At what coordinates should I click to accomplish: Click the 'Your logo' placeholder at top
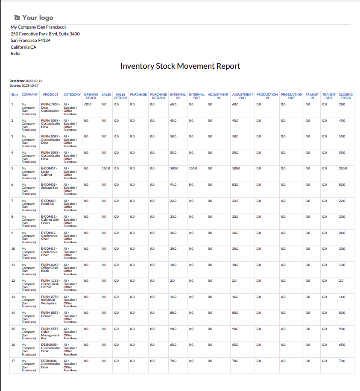(34, 18)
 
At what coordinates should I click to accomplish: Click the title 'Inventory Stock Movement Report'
(180, 66)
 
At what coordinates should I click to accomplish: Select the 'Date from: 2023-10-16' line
(26, 81)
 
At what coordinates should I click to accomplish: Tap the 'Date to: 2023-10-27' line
(24, 85)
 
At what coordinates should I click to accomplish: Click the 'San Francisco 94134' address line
(30, 41)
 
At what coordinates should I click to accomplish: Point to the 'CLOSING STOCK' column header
(345, 96)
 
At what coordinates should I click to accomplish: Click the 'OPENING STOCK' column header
(91, 96)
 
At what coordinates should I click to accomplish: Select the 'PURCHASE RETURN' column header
(158, 96)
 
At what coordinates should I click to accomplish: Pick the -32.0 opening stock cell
(88, 104)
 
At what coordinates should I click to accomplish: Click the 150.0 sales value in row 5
(106, 169)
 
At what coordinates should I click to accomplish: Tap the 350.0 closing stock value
(342, 169)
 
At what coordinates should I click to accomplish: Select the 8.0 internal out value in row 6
(191, 184)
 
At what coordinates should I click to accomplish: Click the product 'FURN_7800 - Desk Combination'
(50, 108)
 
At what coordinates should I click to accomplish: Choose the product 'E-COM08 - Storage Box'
(50, 186)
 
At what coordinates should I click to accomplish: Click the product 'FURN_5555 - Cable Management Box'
(50, 332)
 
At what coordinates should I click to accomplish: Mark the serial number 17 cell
(13, 361)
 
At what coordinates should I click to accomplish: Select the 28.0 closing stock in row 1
(342, 104)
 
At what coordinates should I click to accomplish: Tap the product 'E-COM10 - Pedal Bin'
(49, 202)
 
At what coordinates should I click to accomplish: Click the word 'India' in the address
(15, 54)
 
